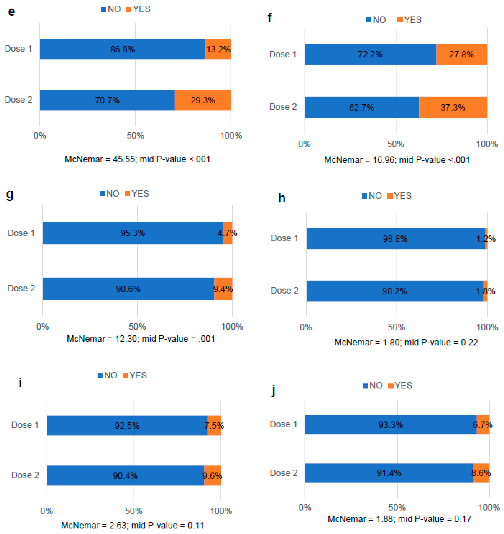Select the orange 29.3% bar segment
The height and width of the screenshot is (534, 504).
click(x=203, y=100)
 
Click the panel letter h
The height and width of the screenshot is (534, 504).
click(x=282, y=198)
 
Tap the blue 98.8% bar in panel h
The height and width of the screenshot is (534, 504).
click(x=395, y=239)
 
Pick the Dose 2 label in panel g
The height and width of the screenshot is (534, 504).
click(x=21, y=288)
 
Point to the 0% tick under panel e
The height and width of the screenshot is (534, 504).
click(x=40, y=135)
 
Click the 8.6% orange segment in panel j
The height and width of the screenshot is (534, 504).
click(x=481, y=473)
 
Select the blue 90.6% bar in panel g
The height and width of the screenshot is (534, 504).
click(x=128, y=289)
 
